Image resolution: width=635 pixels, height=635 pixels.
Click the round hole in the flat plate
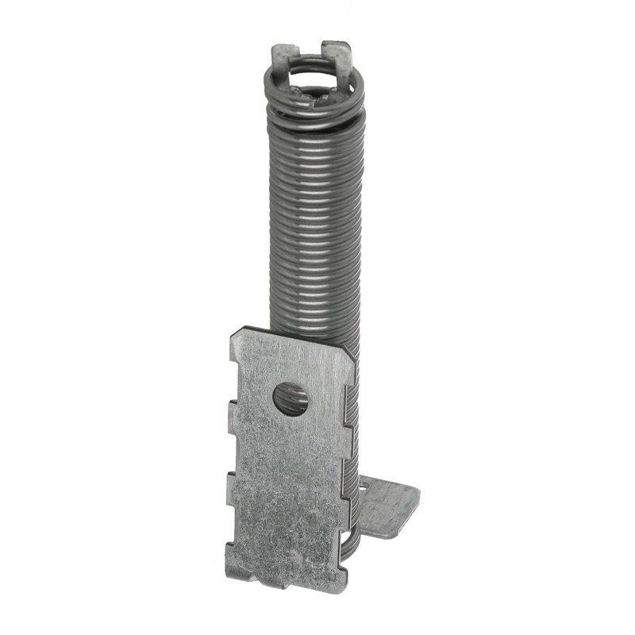click(291, 398)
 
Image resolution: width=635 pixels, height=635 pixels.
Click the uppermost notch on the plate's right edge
click(348, 400)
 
